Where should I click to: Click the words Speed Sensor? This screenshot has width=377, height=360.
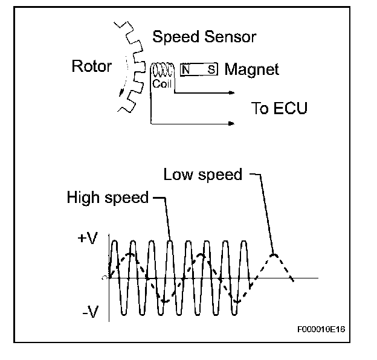click(204, 37)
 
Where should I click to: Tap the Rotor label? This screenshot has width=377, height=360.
click(91, 65)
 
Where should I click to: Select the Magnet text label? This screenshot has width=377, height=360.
click(252, 69)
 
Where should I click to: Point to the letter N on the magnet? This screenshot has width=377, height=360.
click(186, 69)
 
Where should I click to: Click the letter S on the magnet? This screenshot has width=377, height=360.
click(211, 69)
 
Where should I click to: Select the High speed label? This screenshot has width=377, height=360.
click(108, 198)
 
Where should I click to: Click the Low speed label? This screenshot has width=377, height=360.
click(202, 175)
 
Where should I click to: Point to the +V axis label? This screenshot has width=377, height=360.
click(88, 239)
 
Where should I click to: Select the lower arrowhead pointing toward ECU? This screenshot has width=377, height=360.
click(231, 123)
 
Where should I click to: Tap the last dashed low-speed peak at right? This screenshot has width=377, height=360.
click(275, 254)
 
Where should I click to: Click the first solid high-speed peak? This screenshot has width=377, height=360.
click(115, 240)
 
